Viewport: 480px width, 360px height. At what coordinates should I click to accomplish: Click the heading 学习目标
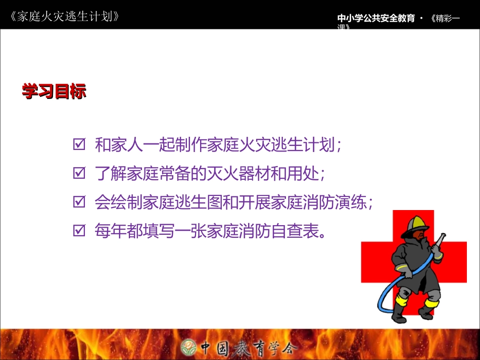click(x=54, y=91)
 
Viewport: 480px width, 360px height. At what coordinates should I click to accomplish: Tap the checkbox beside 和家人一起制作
click(x=79, y=145)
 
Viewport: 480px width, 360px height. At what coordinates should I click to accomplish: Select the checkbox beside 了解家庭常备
click(x=79, y=174)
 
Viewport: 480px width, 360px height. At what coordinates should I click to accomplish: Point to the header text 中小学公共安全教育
click(x=376, y=19)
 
